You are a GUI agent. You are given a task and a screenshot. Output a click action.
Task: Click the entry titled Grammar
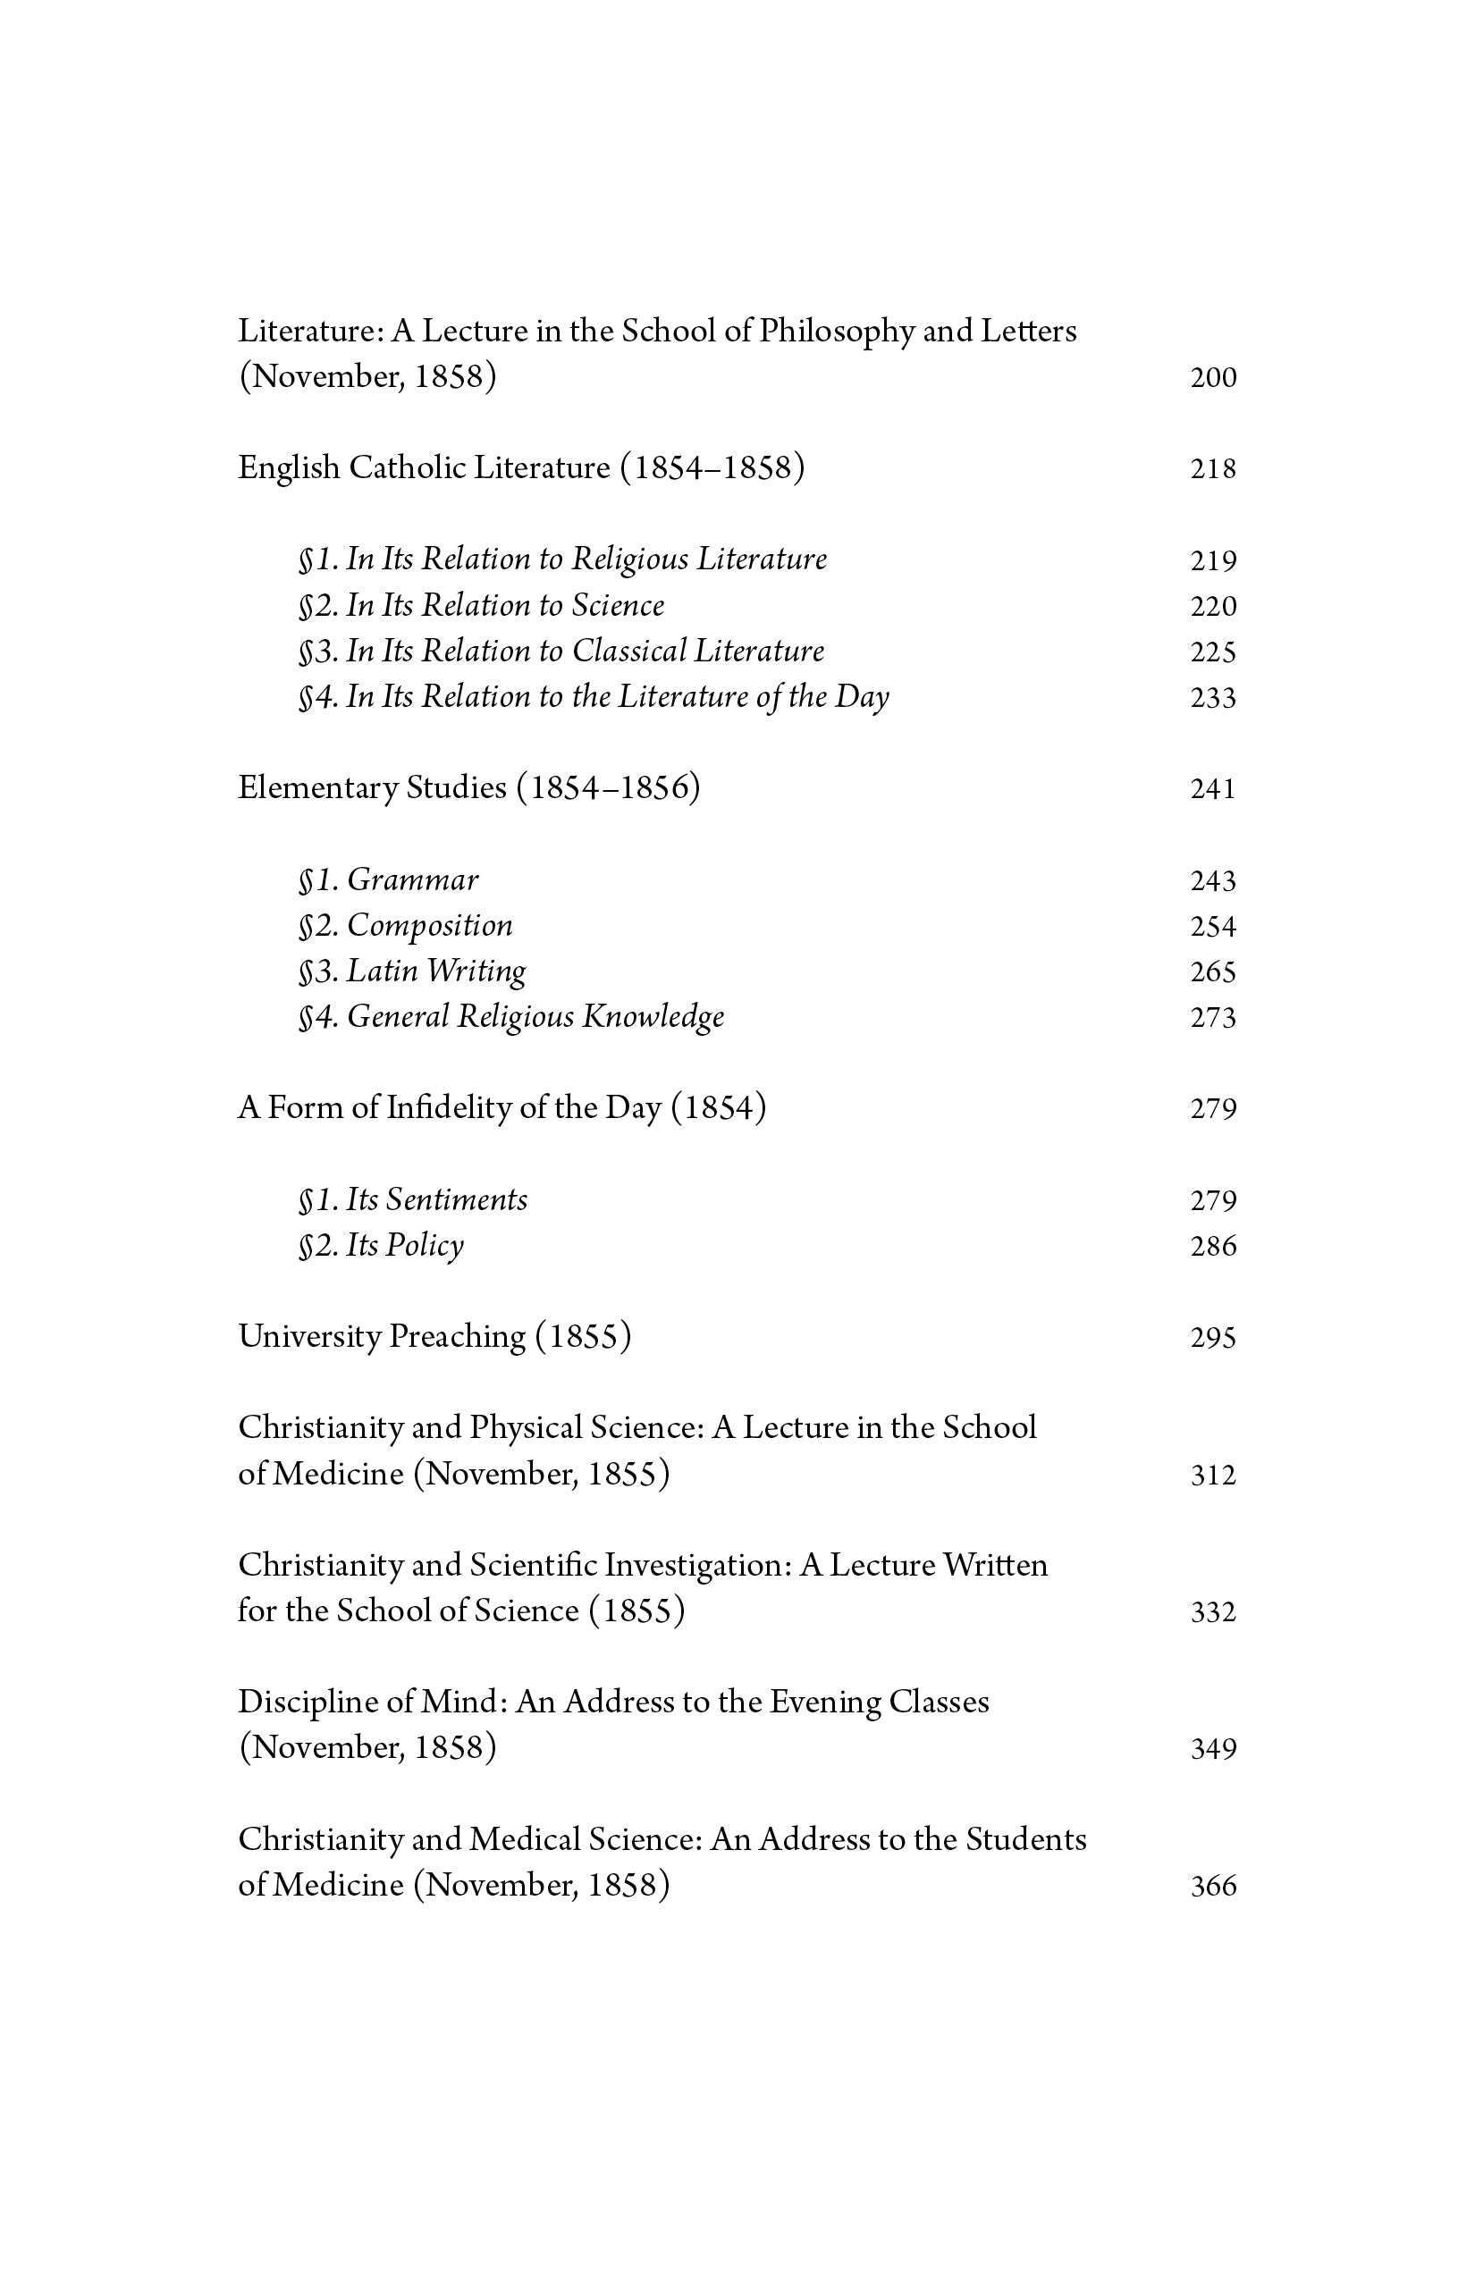[412, 880]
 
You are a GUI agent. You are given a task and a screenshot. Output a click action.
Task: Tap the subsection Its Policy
[404, 1245]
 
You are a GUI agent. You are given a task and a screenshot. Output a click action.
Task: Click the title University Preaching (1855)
[434, 1337]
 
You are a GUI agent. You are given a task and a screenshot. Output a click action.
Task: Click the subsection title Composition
[429, 926]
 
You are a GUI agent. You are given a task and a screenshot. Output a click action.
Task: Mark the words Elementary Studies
[372, 788]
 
